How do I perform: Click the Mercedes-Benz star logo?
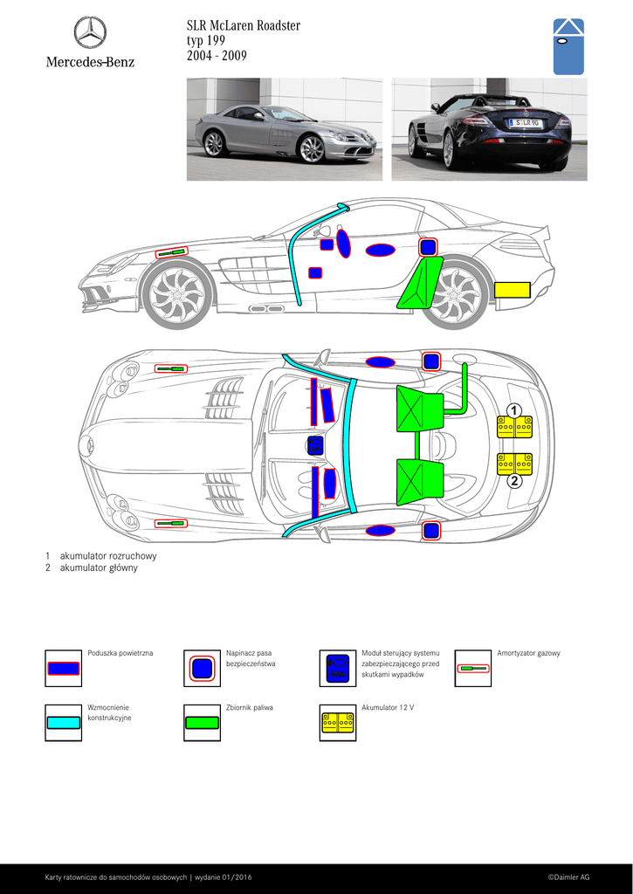coord(90,32)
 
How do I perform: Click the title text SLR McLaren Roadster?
coord(244,25)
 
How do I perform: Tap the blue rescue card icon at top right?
coord(568,46)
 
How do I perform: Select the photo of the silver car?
coord(285,129)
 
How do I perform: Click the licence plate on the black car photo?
coord(526,123)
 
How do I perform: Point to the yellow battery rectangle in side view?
coord(513,291)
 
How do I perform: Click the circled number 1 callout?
coord(514,410)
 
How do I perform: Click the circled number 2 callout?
coord(514,480)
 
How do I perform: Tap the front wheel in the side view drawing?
coord(177,295)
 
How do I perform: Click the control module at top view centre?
coord(315,445)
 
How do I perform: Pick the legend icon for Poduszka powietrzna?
coord(63,669)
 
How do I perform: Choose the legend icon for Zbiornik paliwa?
coord(202,723)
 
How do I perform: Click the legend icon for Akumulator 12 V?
coord(337,723)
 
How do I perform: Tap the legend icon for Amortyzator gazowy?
coord(473,669)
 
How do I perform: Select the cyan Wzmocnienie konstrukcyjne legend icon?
coord(63,723)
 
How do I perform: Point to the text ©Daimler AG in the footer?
coord(568,877)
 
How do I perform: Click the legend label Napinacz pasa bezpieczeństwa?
coord(249,658)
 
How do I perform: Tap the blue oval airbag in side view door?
coord(380,251)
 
